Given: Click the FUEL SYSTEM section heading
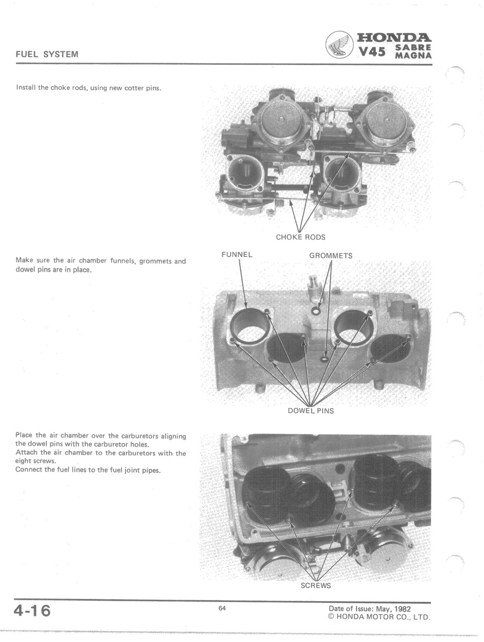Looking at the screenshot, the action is click(47, 54).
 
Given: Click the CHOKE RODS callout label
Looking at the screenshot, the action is click(300, 237).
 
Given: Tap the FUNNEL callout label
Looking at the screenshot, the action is click(237, 255).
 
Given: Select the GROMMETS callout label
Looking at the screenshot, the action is click(331, 256).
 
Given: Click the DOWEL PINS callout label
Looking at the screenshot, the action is click(311, 411).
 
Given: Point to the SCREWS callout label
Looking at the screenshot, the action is click(316, 585).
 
